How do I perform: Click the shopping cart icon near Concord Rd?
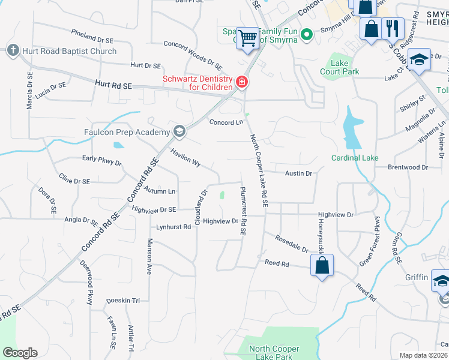coord(247,38)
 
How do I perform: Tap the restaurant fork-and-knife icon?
coord(393,28)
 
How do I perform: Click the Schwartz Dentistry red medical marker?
coord(242,82)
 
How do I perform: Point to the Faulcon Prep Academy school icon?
coord(179,131)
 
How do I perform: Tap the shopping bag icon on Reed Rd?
coord(322,265)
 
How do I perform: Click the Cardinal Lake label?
coord(355,158)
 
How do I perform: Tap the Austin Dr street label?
coord(298,173)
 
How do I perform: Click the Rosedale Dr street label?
coord(291,244)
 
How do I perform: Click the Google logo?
coord(20,353)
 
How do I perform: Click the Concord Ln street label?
coord(226,122)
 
